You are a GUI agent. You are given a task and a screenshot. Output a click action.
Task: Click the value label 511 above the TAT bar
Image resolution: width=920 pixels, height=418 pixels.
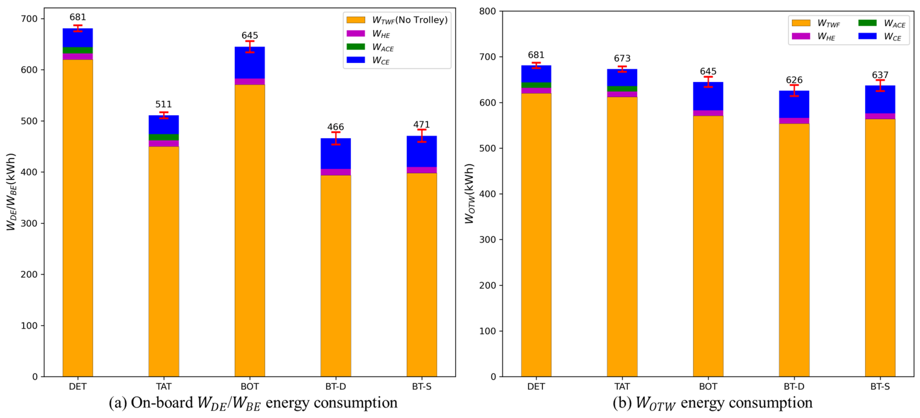pyautogui.click(x=163, y=104)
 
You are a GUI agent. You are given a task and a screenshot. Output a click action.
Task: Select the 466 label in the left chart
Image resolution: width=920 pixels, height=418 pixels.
pyautogui.click(x=335, y=127)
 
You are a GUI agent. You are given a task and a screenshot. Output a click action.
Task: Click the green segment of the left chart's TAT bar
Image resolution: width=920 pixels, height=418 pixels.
pyautogui.click(x=163, y=137)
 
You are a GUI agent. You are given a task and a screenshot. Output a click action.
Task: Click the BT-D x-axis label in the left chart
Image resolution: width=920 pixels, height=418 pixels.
pyautogui.click(x=335, y=387)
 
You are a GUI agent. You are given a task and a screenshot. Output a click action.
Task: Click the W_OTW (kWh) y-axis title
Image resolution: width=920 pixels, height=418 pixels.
pyautogui.click(x=469, y=194)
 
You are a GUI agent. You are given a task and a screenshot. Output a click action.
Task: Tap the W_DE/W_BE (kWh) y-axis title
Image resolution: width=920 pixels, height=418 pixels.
pyautogui.click(x=11, y=192)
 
